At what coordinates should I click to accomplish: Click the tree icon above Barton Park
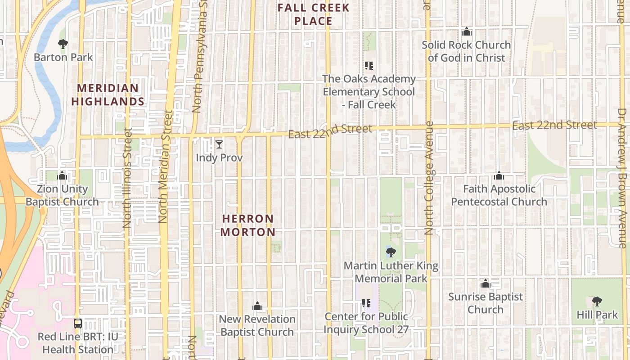[x=63, y=44]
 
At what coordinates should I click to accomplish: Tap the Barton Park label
[x=63, y=57]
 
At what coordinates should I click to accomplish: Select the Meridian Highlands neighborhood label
[x=108, y=94]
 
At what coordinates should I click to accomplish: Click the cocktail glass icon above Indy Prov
[x=219, y=144]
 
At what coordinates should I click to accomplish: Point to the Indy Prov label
[x=219, y=158]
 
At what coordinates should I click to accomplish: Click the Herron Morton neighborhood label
[x=248, y=225]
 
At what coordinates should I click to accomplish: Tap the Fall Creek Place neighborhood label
[x=314, y=14]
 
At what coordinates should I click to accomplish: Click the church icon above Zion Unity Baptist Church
[x=62, y=175]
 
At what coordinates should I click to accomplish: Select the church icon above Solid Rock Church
[x=467, y=32]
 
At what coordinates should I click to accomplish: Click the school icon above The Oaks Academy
[x=369, y=66]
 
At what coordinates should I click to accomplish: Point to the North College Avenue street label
[x=428, y=178]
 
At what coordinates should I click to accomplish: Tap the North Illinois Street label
[x=127, y=178]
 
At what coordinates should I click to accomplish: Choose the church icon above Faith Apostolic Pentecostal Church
[x=499, y=175]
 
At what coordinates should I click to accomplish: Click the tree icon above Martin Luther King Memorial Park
[x=391, y=252]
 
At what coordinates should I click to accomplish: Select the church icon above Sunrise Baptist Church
[x=485, y=283]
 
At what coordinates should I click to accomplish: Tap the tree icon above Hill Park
[x=597, y=301]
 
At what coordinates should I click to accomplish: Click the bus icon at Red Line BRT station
[x=78, y=323]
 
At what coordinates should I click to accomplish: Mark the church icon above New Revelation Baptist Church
[x=257, y=306]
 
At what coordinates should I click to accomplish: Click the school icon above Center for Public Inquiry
[x=366, y=303]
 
